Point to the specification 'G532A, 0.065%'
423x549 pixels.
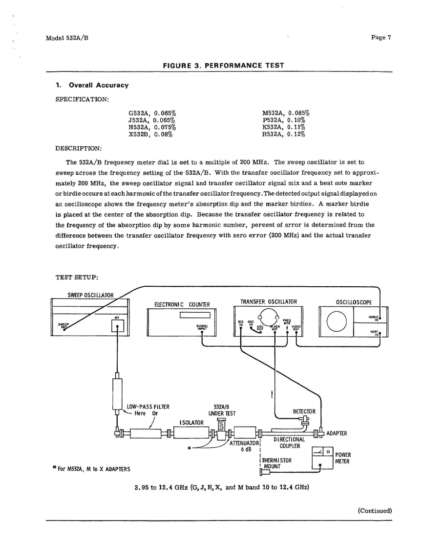tap(152, 113)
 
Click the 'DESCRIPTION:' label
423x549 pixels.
tap(80, 147)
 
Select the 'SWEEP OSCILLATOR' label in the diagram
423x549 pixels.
tap(90, 295)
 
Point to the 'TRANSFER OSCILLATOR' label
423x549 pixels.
tap(269, 301)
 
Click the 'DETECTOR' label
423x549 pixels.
tap(305, 412)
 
